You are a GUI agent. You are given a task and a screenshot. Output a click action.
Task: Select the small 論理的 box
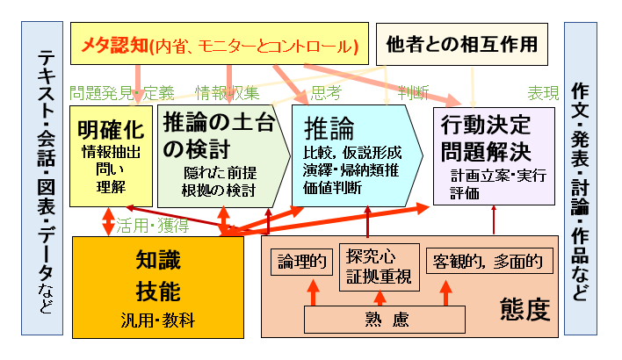coord(302,261)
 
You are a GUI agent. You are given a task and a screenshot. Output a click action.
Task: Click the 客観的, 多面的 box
coord(488,261)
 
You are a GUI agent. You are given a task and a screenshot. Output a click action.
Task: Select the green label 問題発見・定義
coord(122,92)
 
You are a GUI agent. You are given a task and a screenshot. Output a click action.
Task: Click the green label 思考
coord(326,92)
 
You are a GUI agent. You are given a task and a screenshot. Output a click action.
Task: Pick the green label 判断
coord(413,92)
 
